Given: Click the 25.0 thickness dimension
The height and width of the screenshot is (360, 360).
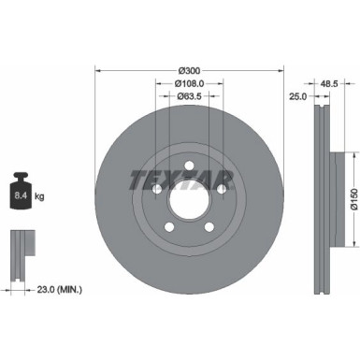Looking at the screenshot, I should click(297, 95).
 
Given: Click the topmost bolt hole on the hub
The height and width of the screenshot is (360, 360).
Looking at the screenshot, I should click(189, 166).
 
